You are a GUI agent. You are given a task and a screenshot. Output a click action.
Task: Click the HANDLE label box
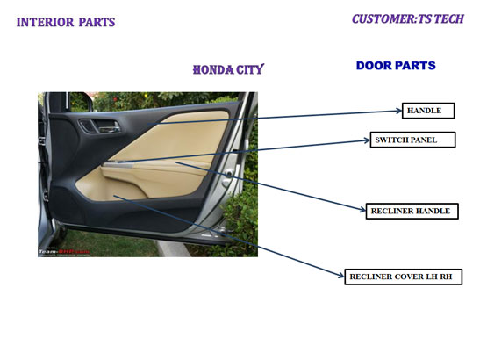coord(428,111)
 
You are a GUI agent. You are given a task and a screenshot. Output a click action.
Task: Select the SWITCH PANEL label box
coord(412,140)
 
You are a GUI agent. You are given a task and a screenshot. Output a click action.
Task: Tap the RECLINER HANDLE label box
coord(412,211)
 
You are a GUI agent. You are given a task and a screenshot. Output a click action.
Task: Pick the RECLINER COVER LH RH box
coord(404,277)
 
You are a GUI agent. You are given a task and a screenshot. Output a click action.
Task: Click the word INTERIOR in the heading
coord(45,22)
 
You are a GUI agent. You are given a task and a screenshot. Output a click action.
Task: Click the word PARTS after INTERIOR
coord(97,22)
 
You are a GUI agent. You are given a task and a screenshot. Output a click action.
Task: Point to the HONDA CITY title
coord(228,69)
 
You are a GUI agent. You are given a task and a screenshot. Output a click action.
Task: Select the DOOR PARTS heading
coord(396,66)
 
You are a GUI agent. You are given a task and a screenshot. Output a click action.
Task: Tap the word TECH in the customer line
coord(449,19)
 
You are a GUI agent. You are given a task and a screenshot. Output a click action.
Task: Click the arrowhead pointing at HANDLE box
coord(399,111)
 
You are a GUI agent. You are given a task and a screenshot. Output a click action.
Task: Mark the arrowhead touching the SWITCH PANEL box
coord(367,140)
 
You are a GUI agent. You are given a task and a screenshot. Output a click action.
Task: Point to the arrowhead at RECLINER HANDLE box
coord(362,210)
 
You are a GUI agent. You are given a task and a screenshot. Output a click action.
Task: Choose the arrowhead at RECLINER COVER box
coord(341,275)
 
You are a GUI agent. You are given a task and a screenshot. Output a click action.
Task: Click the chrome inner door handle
coord(109,126)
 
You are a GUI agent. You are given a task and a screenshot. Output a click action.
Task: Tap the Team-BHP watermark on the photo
coord(64,251)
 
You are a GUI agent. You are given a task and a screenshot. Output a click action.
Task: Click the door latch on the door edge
coord(229,175)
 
